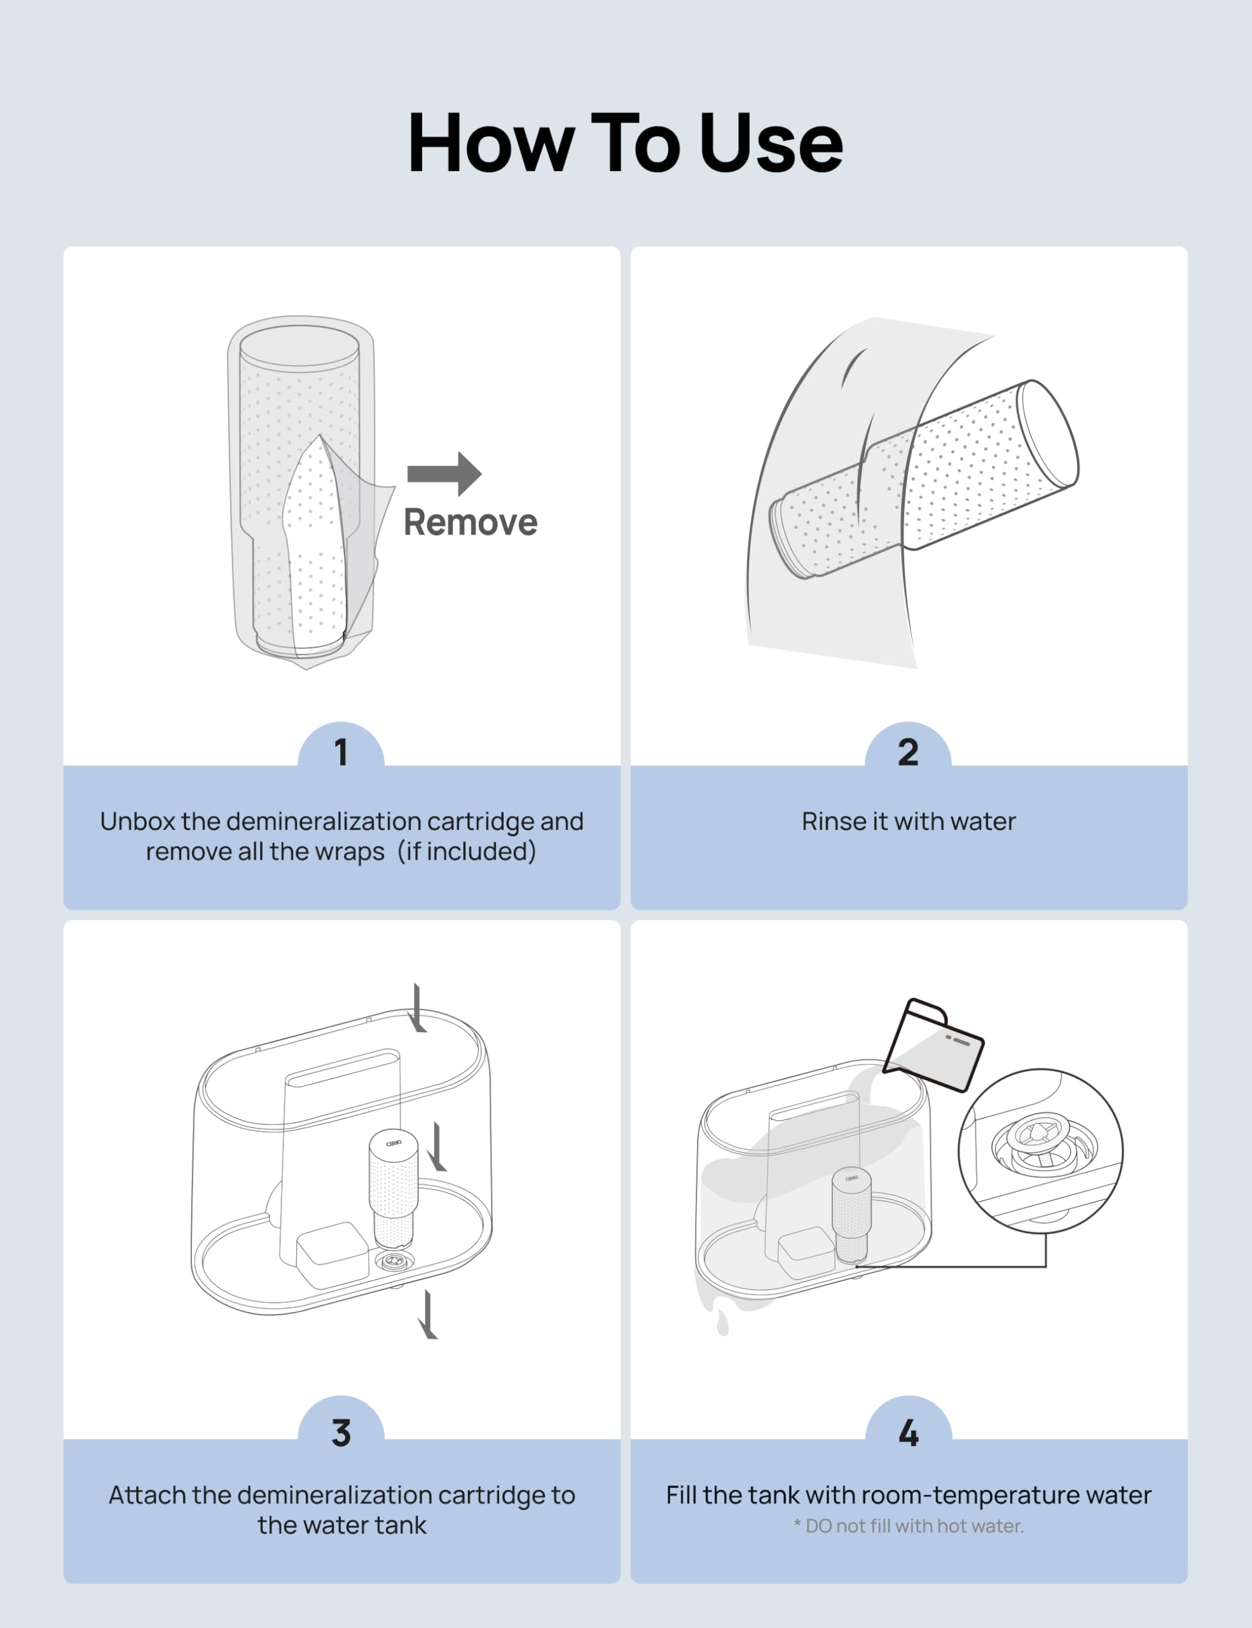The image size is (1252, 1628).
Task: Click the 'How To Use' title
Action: click(x=625, y=142)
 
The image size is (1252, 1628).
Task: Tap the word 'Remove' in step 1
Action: click(x=471, y=523)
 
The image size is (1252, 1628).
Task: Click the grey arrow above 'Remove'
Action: click(x=444, y=473)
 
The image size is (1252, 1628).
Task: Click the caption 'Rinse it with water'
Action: click(x=909, y=822)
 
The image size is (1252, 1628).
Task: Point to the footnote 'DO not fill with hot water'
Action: click(x=914, y=1526)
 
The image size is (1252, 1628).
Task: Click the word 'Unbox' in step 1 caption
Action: click(x=137, y=822)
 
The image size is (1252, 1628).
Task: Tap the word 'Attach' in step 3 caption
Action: click(x=147, y=1494)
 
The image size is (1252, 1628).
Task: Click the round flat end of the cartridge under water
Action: click(x=1047, y=434)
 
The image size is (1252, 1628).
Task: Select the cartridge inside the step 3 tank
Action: click(x=394, y=1189)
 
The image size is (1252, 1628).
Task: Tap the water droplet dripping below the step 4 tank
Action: click(x=722, y=1323)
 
